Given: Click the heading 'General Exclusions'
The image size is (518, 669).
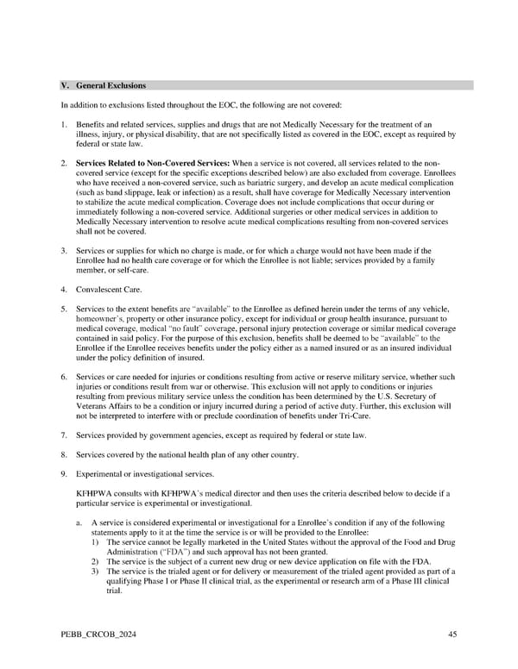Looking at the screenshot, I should tap(111, 85).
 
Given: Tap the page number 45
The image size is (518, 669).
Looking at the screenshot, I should tap(452, 635).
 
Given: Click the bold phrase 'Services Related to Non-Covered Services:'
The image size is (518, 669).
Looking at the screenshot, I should tap(152, 162).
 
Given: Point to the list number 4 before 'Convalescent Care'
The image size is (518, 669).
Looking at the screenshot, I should tap(63, 290).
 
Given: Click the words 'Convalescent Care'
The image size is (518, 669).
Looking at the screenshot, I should tap(109, 290).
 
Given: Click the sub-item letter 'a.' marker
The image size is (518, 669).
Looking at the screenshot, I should tap(79, 522).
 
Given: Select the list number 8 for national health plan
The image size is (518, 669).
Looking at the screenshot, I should tap(63, 454).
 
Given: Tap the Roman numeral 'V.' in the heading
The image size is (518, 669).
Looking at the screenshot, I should tap(64, 85).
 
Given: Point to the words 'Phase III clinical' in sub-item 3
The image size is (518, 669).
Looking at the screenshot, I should tap(420, 581).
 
